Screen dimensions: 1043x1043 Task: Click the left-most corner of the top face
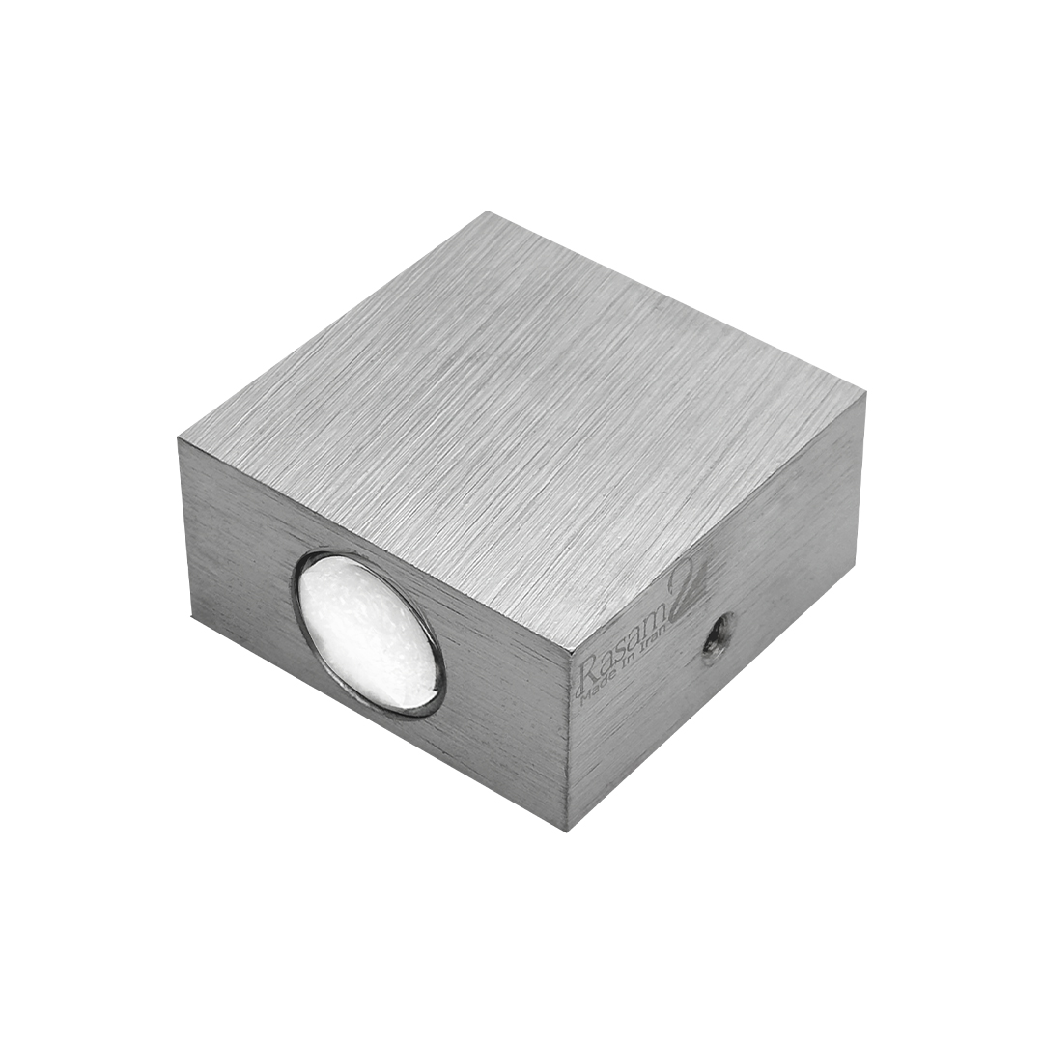179,438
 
